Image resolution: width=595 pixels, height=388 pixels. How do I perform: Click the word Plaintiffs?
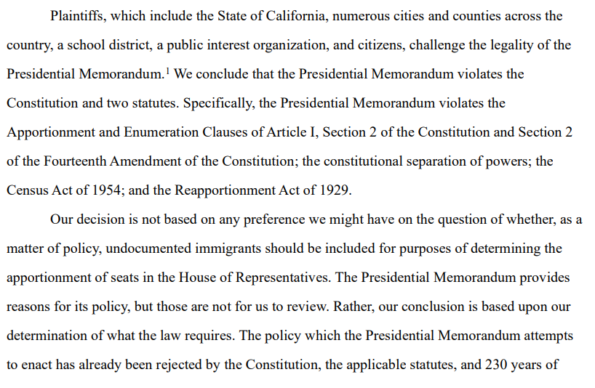point(78,15)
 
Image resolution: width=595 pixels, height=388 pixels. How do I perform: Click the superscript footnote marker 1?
point(168,70)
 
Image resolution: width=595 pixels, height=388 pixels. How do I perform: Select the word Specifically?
point(217,103)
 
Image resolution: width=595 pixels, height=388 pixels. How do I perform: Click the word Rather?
point(351,307)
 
